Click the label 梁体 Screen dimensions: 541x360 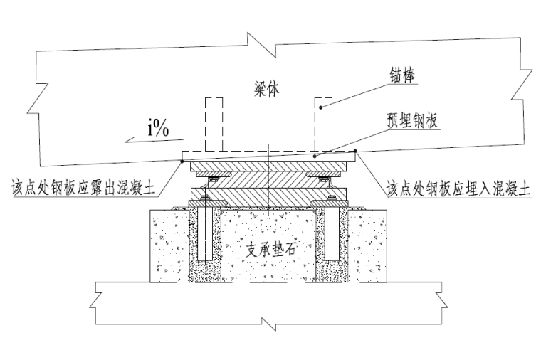tap(266, 88)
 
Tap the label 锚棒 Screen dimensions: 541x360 tap(402, 75)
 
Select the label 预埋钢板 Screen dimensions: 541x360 tap(412, 121)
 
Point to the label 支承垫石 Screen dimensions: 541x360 tap(270, 248)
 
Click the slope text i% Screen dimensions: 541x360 tap(158, 129)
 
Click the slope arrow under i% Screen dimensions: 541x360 tap(154, 140)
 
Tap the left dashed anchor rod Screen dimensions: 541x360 tap(214, 124)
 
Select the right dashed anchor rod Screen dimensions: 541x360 tap(324, 124)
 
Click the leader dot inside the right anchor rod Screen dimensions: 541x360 tap(321, 107)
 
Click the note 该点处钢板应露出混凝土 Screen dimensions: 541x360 tap(83, 188)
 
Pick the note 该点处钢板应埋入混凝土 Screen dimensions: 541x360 tap(458, 189)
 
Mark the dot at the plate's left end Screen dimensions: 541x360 tap(182, 161)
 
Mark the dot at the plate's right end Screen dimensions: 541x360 tap(355, 151)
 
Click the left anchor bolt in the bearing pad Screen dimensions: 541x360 tap(205, 228)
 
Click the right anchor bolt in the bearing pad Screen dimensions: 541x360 tap(332, 228)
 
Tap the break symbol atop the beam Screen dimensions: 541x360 tap(261, 44)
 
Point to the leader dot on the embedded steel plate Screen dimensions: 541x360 tap(315, 157)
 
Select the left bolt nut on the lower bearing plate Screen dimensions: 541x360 tap(205, 197)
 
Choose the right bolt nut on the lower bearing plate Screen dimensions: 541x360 tap(332, 197)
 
